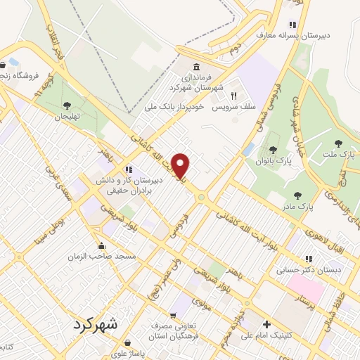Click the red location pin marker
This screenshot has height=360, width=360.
point(181,165)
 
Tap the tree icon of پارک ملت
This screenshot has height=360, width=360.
point(338,143)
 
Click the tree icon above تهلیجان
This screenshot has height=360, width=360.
point(67,105)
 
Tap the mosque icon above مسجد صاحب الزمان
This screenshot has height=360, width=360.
point(103,246)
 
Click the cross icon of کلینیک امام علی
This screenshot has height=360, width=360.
point(266,324)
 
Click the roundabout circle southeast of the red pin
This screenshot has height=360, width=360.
point(201,198)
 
